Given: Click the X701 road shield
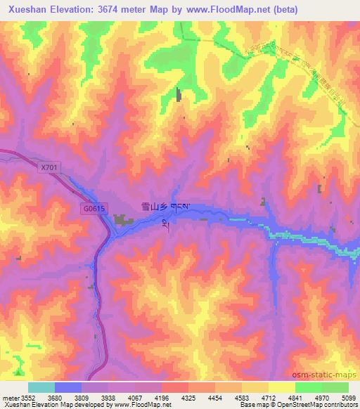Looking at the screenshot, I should tap(49, 167).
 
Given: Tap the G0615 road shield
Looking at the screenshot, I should tap(93, 209).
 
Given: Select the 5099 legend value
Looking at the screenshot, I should tap(349, 397).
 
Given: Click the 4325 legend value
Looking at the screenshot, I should tap(188, 397).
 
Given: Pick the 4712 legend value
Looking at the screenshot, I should tap(269, 397).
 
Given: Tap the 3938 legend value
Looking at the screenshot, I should tap(108, 397).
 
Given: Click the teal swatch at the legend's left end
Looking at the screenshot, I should tap(41, 387).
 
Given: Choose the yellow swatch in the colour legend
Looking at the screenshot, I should tap(282, 387).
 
